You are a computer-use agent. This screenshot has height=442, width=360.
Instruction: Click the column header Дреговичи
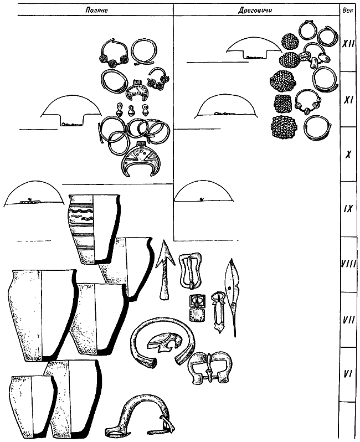pyautogui.click(x=255, y=11)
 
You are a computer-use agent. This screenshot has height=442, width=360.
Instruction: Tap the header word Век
pyautogui.click(x=347, y=11)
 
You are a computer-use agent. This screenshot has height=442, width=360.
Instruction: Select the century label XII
pyautogui.click(x=348, y=44)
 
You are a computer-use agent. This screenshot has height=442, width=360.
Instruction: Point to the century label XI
pyautogui.click(x=349, y=100)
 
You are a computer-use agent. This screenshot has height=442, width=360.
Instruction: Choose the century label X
pyautogui.click(x=348, y=155)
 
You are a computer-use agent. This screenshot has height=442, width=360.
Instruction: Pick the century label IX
pyautogui.click(x=348, y=210)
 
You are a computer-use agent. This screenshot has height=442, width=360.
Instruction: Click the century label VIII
pyautogui.click(x=348, y=265)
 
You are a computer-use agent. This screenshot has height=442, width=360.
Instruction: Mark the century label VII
pyautogui.click(x=348, y=320)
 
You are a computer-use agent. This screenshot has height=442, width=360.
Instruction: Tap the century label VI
pyautogui.click(x=348, y=375)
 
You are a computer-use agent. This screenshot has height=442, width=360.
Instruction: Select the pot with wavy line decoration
pyautogui.click(x=94, y=229)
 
